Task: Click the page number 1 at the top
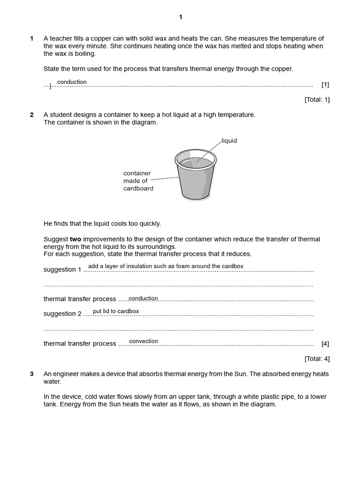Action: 180,17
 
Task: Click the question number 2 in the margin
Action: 32,115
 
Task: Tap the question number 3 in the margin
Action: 32,374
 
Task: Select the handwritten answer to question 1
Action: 72,82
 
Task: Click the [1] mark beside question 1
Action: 325,85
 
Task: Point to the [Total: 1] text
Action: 317,100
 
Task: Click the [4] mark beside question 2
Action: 325,344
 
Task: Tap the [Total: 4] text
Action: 317,359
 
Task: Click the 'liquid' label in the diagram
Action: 229,141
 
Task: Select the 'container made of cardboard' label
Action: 138,181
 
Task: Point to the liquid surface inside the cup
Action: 196,161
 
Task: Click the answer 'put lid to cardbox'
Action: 116,311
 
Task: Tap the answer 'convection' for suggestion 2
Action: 143,341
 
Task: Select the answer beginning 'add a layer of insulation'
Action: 165,266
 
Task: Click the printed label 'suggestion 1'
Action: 62,270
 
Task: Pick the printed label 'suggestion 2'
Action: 62,314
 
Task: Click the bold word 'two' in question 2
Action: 75,239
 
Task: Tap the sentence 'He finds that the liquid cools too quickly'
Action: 102,224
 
